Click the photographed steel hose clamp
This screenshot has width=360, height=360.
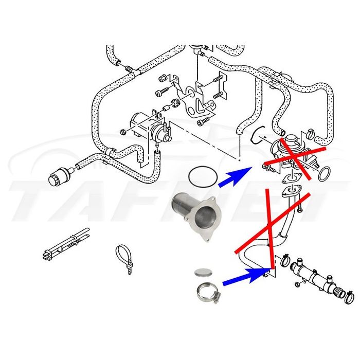pyautogui.click(x=206, y=292)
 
